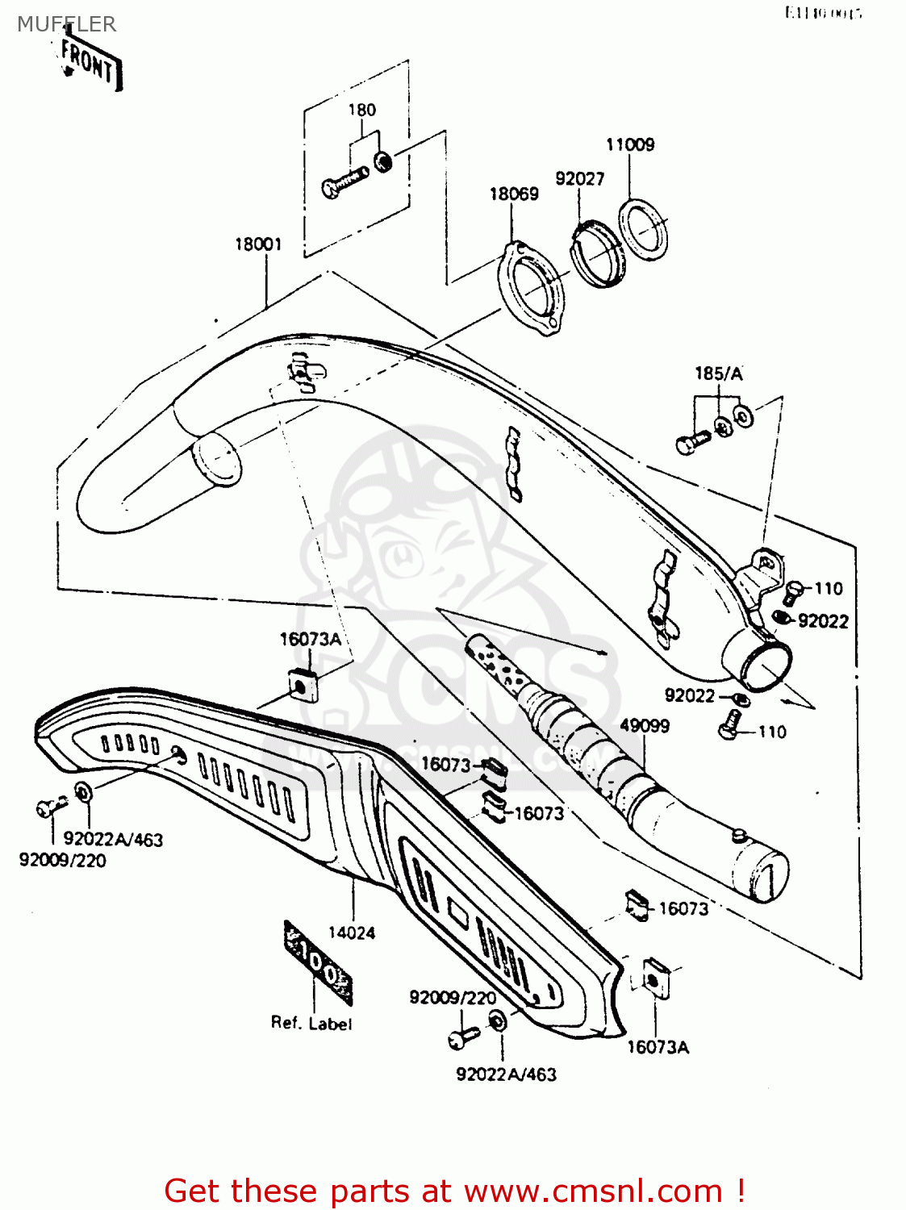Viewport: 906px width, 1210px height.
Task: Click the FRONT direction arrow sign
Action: click(x=90, y=61)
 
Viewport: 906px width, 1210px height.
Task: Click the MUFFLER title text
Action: click(x=66, y=24)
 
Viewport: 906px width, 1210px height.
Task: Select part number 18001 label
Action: click(x=258, y=244)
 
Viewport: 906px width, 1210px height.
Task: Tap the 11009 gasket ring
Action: click(x=643, y=229)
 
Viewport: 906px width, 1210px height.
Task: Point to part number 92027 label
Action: click(x=579, y=178)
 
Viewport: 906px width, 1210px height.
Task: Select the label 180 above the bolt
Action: click(x=361, y=110)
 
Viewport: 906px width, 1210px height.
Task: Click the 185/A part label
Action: click(x=718, y=373)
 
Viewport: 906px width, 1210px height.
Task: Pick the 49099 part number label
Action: click(x=645, y=725)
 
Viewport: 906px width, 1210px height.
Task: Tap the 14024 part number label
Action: click(x=352, y=933)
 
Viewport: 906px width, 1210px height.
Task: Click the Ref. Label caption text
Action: click(x=311, y=1023)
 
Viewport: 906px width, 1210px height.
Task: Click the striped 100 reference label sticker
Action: click(x=319, y=962)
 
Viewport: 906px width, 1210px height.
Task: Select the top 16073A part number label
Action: click(x=311, y=639)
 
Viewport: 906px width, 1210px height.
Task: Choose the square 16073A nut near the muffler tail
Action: click(x=653, y=979)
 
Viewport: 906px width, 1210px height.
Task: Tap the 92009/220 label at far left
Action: click(x=63, y=860)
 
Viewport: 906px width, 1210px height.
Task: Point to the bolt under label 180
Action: click(x=345, y=181)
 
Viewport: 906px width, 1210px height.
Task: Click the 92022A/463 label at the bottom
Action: click(x=506, y=1074)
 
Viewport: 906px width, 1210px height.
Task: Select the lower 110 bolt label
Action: click(x=772, y=732)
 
